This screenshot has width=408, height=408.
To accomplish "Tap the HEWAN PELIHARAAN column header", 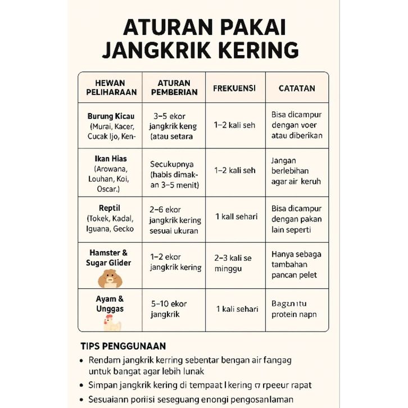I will pyautogui.click(x=110, y=88).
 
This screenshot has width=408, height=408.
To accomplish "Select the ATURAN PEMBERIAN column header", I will pyautogui.click(x=174, y=88).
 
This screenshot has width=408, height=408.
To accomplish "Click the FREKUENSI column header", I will pyautogui.click(x=234, y=88).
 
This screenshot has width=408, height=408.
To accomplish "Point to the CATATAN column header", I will pyautogui.click(x=297, y=88).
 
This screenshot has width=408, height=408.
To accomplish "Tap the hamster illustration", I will pyautogui.click(x=110, y=278).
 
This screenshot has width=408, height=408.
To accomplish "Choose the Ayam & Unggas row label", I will pyautogui.click(x=110, y=304).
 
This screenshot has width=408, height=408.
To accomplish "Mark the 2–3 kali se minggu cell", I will pyautogui.click(x=233, y=263).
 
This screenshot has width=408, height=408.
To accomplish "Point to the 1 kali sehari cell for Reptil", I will pyautogui.click(x=237, y=216).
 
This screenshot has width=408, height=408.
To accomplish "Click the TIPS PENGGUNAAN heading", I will pyautogui.click(x=123, y=346).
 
